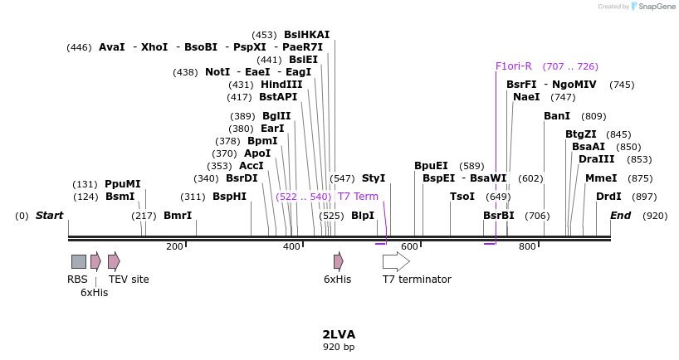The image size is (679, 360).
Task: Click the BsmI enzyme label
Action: click(120, 197)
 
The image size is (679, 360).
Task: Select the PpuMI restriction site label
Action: click(122, 184)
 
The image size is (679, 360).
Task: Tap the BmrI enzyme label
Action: click(178, 216)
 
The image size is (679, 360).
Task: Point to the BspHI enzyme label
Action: click(229, 197)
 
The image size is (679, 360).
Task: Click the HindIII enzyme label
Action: click(281, 85)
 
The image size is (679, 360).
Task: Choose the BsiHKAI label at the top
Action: click(306, 35)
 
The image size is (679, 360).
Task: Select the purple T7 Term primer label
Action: click(358, 197)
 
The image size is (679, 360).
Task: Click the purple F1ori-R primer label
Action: click(513, 66)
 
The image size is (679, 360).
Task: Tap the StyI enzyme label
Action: click(374, 178)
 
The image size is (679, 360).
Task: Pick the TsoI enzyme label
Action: click(462, 197)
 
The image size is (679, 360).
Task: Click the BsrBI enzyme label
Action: click(499, 216)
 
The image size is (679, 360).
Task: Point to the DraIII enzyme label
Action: click(597, 159)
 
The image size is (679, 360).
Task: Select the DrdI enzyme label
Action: click(608, 197)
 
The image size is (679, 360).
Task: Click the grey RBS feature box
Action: click(78, 261)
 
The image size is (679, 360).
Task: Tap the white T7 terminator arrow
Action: click(396, 261)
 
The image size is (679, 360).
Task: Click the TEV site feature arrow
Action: click(114, 261)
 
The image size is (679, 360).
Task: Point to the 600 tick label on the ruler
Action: click(409, 246)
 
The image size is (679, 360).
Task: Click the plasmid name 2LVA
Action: click(339, 334)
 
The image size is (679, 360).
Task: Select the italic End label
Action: click(621, 216)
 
